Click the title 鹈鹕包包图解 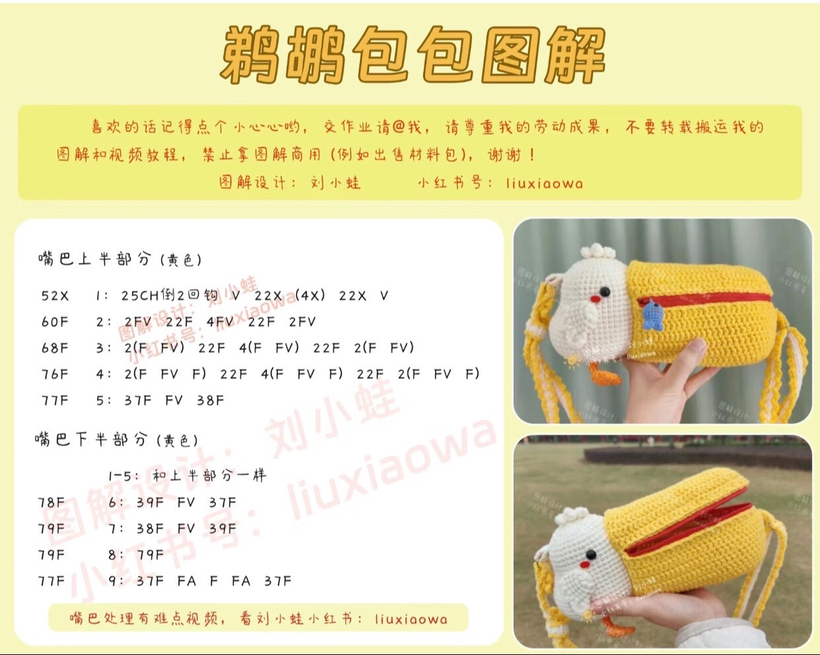coord(413,55)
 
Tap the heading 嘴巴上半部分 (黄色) coord(120,259)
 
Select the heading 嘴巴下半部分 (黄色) coord(116,440)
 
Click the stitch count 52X coord(55,296)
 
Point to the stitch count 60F coord(55,322)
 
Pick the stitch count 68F coord(55,348)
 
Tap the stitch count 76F coord(55,374)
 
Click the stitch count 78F coord(51,502)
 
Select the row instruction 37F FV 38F coord(174,400)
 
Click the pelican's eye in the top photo coord(604,291)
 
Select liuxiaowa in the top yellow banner coord(545,183)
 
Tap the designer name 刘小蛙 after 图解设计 coord(335,183)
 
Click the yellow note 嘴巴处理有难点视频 coord(258,619)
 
